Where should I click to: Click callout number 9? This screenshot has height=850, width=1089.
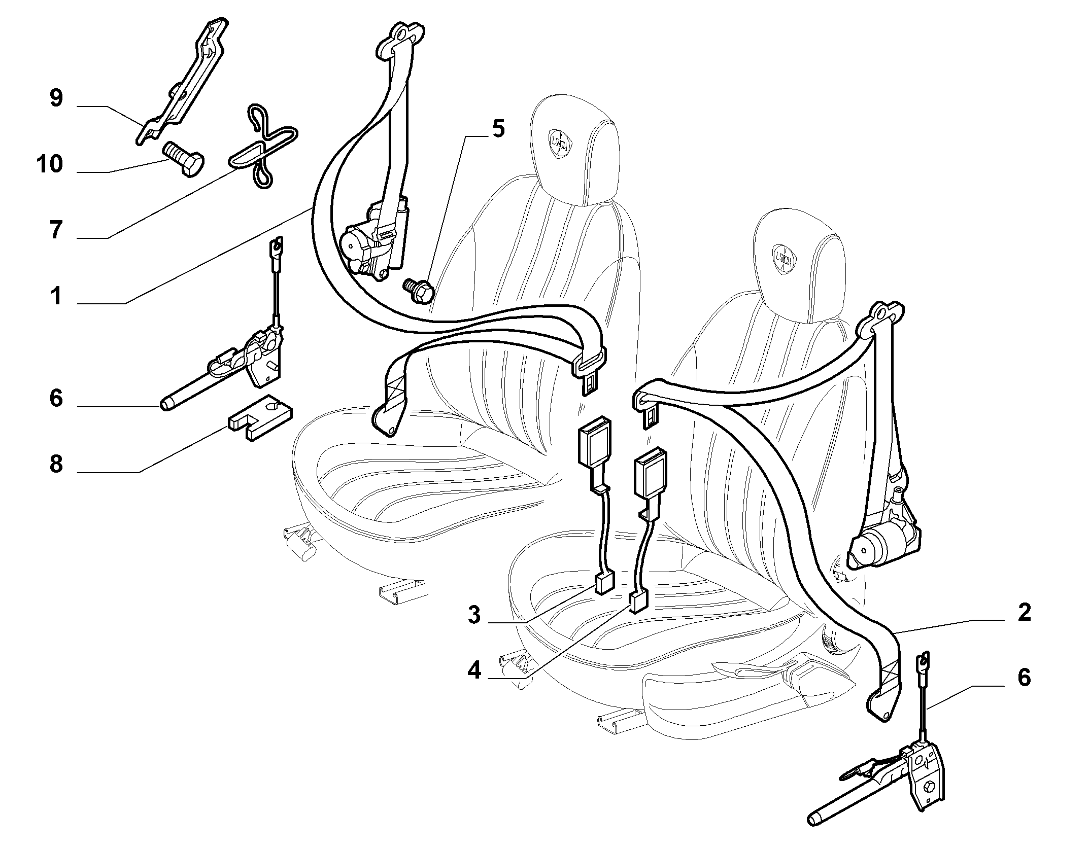coord(56,98)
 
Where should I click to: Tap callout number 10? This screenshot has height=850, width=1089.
coord(50,164)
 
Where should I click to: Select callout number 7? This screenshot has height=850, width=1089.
coord(56,230)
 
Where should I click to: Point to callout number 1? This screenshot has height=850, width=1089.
coord(56,296)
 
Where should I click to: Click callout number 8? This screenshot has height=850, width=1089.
coord(56,464)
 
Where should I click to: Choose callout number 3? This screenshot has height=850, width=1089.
coord(473,615)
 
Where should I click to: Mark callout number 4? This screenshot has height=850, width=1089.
coord(474,671)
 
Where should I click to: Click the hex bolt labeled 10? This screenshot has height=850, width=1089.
coord(184,159)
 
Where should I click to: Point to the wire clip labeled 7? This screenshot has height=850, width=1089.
coord(262,148)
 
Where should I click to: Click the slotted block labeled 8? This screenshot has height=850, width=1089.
coord(260,409)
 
